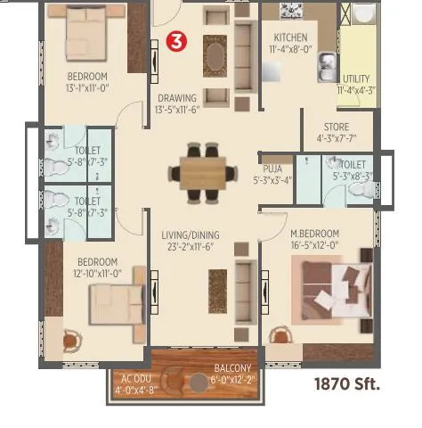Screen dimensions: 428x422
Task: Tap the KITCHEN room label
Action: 290,38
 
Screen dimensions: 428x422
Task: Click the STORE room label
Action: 336,128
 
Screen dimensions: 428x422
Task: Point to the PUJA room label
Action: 272,168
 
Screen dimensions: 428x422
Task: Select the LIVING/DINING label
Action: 191,236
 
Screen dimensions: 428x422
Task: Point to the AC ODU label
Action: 136,378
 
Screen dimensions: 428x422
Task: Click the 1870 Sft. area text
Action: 346,385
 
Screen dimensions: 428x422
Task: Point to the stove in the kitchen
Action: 291,11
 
